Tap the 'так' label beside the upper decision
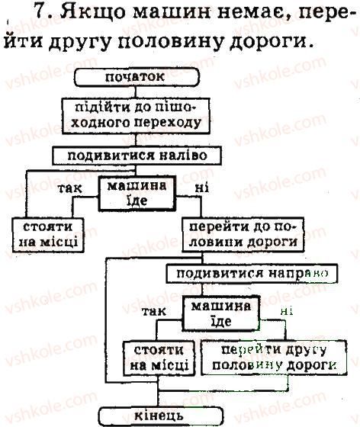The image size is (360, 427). pyautogui.click(x=70, y=188)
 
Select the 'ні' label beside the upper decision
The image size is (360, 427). pyautogui.click(x=202, y=188)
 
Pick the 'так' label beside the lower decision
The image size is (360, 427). pyautogui.click(x=154, y=311)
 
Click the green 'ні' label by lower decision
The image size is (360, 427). pyautogui.click(x=286, y=311)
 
